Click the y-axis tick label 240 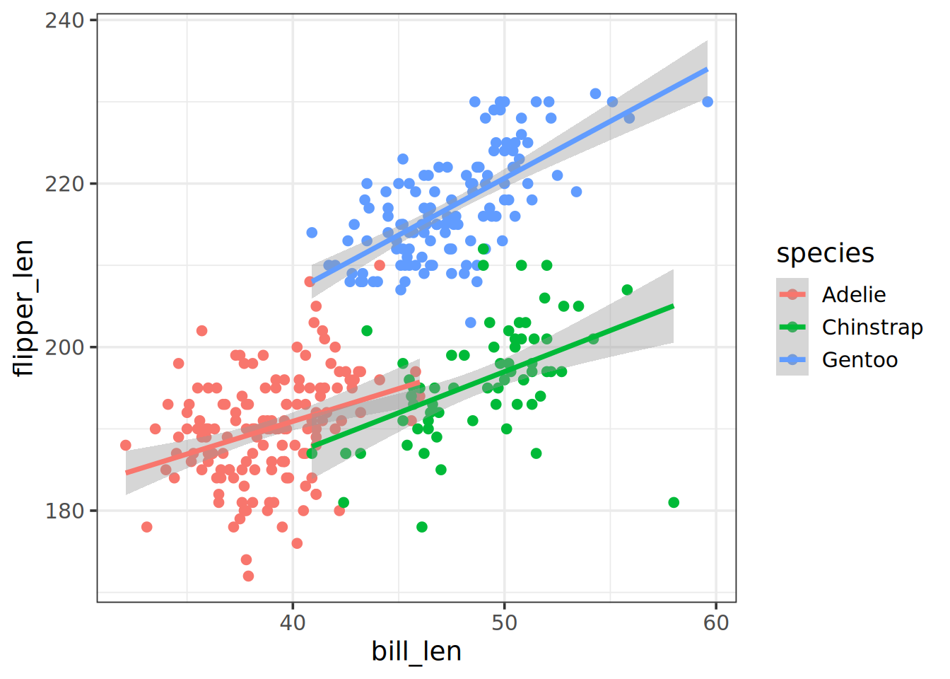pos(64,21)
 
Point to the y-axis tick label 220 pos(64,184)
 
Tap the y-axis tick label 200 pos(64,347)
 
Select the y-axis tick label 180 pos(64,511)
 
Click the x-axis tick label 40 pos(293,622)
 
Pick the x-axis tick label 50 pos(505,622)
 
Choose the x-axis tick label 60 pos(716,622)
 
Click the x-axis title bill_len pos(416,651)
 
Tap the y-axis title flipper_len pos(24,308)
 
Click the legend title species pos(825,253)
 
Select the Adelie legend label pos(853,294)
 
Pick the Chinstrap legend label pos(872,327)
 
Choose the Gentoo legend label pos(860,360)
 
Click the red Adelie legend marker pos(792,294)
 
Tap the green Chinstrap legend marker pos(792,327)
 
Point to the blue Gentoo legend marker pos(792,359)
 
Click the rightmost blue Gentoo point pos(708,102)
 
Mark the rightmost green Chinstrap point pos(674,502)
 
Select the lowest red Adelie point pos(248,576)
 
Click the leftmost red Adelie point pos(126,446)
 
